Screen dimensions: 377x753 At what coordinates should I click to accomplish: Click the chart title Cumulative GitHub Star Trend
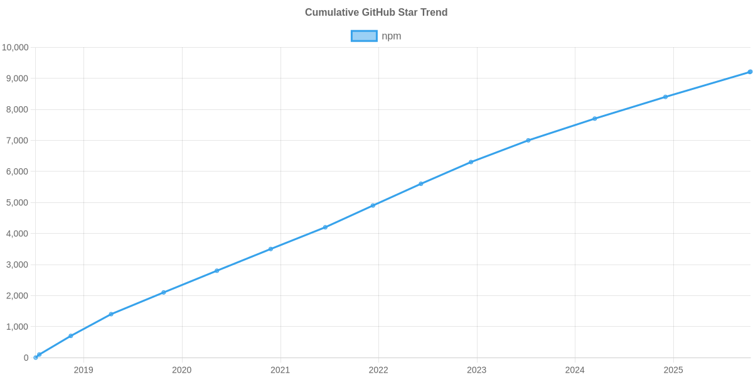coord(376,13)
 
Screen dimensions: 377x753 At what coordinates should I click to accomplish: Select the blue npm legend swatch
coord(363,36)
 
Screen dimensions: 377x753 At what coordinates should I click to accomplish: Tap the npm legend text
coord(392,36)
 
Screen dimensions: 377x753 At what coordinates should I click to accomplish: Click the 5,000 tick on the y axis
coord(18,203)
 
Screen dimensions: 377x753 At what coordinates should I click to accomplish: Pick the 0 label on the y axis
coord(26,358)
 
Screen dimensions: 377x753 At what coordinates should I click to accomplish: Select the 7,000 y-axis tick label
coord(18,141)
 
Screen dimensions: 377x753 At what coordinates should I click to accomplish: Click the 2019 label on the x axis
coord(83,370)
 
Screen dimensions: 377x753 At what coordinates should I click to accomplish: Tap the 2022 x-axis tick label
coord(378,370)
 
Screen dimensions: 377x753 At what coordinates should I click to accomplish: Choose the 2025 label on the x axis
coord(673,370)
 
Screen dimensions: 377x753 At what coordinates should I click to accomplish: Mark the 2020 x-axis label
coord(182,370)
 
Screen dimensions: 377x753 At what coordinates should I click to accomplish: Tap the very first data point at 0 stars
coord(36,358)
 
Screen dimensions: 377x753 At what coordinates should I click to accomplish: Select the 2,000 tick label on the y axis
coord(18,296)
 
